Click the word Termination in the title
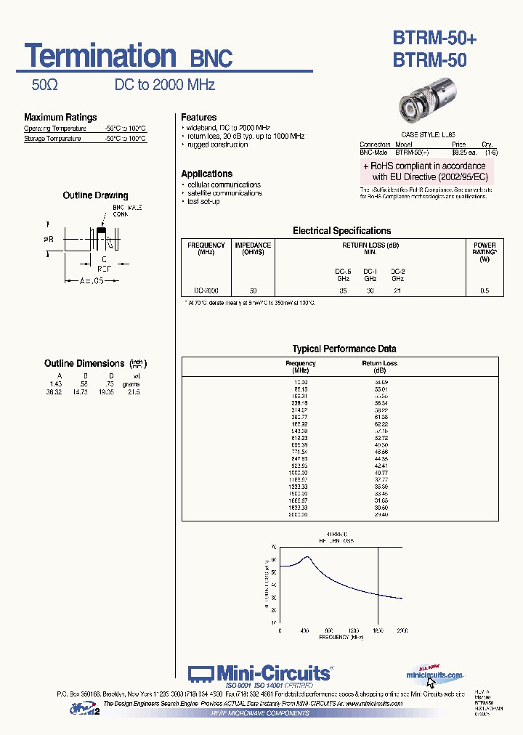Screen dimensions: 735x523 pos(100,57)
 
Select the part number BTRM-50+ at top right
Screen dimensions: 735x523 pos(434,38)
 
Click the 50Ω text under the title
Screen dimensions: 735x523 pos(44,85)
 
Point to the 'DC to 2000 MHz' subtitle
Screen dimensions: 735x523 pos(165,85)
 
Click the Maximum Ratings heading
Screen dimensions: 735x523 pos(60,117)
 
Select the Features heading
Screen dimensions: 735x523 pos(199,117)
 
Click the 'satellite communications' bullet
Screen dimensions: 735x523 pos(224,193)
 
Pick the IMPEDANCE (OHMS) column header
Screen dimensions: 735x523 pos(253,248)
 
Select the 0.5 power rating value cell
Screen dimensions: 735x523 pos(485,291)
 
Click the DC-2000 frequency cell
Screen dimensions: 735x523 pos(206,291)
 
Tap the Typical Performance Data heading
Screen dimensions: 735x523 pos(344,349)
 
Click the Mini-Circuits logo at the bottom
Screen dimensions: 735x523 pos(260,673)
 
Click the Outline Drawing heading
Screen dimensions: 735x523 pos(95,195)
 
